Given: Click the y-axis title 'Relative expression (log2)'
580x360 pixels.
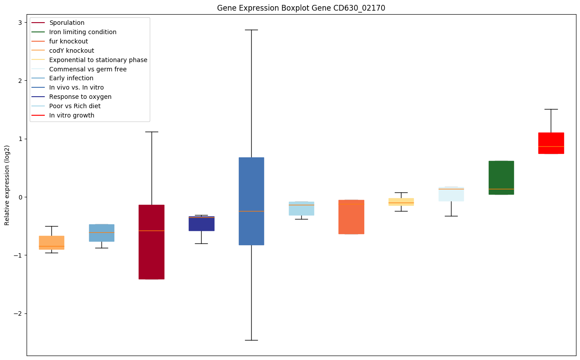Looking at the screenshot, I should coord(7,185).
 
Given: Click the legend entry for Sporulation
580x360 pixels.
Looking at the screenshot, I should coord(67,23).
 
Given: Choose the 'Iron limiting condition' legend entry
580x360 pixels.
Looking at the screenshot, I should coord(83,32).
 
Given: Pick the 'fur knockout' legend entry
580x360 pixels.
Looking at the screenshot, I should coord(69,41).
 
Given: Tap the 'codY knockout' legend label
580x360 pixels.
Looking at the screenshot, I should coord(72,51).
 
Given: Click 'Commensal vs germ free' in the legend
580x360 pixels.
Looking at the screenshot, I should coord(88,69).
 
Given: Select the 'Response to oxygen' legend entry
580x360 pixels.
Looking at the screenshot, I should coord(80,97).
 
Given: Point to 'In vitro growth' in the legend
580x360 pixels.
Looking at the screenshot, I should coord(72,115).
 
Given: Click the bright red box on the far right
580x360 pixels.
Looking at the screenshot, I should coord(551,143).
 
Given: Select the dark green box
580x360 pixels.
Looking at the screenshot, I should coord(501,177).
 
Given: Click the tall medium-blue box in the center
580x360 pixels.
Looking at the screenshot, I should coord(251,201).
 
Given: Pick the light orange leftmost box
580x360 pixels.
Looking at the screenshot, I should coord(51,243).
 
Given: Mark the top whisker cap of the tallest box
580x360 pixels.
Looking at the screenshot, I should coord(251,30).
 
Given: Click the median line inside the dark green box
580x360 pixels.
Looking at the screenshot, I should coord(501,189).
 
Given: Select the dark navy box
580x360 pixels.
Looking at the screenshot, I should coord(202,223).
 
